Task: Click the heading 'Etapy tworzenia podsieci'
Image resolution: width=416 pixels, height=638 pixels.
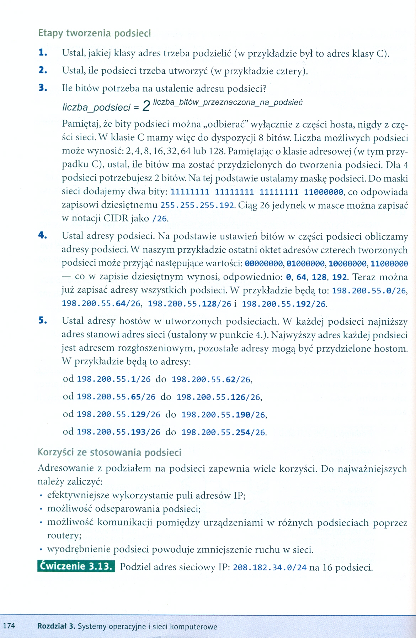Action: [95, 33]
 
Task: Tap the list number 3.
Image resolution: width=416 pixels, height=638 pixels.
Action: [43, 88]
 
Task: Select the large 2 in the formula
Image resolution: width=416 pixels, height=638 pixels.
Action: [146, 106]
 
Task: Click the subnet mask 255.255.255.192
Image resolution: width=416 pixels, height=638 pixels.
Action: [197, 205]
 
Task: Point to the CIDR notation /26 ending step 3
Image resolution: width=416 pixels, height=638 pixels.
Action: [160, 219]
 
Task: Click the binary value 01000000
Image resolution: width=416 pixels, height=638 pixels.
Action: [305, 264]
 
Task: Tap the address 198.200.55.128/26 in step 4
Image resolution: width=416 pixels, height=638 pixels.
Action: [190, 304]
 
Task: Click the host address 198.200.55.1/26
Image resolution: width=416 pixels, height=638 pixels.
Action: [114, 379]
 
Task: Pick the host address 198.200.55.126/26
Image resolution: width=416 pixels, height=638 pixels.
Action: [219, 397]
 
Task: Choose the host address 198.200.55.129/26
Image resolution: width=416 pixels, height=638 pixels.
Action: [118, 414]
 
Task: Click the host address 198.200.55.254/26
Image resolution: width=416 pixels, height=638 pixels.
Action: [223, 432]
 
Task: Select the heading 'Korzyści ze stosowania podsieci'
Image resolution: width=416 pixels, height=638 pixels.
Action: [110, 453]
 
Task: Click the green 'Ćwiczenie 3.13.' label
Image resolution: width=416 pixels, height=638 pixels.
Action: [76, 566]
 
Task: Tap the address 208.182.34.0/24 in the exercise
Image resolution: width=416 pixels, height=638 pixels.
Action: [270, 567]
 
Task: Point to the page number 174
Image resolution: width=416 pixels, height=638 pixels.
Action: [9, 626]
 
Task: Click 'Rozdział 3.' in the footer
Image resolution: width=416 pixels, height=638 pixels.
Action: [56, 626]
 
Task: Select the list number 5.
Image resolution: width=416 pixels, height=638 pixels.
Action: [43, 320]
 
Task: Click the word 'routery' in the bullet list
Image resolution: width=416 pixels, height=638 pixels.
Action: [64, 536]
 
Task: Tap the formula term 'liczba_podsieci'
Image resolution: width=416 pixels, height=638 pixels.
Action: [96, 107]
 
